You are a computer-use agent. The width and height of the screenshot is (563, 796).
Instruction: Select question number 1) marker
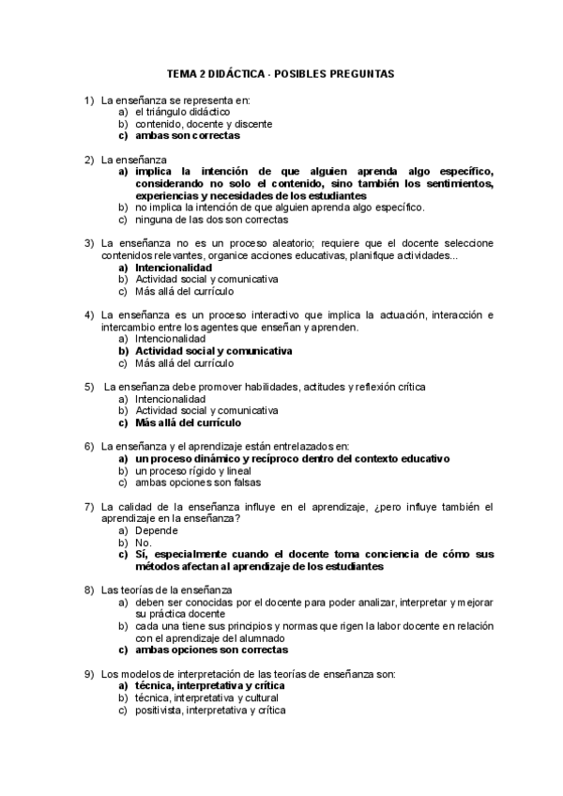click(89, 99)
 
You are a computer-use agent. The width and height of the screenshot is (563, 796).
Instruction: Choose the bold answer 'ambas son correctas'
click(187, 135)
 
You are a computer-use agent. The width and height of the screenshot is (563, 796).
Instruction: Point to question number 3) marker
click(89, 243)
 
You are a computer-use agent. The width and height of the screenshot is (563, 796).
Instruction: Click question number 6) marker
click(89, 446)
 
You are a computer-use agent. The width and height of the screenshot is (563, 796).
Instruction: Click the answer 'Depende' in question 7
click(156, 530)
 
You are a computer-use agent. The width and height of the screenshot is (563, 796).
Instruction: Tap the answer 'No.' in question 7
click(144, 543)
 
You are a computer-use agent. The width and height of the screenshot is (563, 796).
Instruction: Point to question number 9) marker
click(89, 674)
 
